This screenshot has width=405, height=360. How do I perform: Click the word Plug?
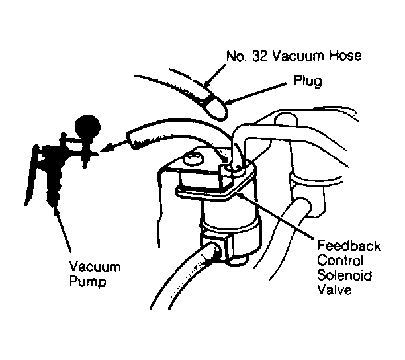pos(308,81)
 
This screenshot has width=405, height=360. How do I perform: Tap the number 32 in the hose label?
pos(260,56)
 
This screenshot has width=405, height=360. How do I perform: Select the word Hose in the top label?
pos(345,56)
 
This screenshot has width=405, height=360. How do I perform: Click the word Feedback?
pos(349,246)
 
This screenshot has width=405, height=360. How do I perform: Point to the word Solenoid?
pos(345,275)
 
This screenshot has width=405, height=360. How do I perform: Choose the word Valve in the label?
pos(334,289)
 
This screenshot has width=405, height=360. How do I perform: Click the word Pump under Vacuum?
pos(88,281)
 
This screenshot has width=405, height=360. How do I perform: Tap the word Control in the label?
pos(340,260)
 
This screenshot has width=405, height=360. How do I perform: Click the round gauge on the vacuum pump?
pos(87,127)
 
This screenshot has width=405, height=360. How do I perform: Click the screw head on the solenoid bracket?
pos(193,159)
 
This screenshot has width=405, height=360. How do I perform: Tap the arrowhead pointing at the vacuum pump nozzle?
pos(104,149)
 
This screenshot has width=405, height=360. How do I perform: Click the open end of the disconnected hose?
pos(131,140)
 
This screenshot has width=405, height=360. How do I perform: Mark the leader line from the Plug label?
pos(255,93)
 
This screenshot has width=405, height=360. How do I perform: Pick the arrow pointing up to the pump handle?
pos(63,230)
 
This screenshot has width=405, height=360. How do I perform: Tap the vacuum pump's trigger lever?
pos(31,175)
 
